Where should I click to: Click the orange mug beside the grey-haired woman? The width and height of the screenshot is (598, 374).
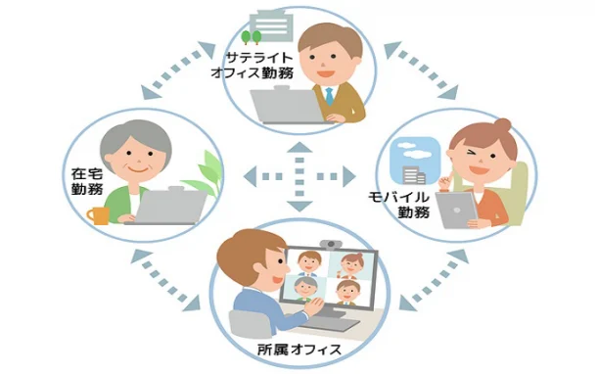point(98,215)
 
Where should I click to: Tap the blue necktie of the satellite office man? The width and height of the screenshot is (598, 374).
point(331,98)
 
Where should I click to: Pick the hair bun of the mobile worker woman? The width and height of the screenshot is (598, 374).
point(501,126)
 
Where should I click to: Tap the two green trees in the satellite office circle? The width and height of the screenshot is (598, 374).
point(252,37)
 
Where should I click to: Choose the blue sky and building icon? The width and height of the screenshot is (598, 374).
point(408,162)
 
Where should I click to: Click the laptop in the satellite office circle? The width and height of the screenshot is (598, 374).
point(287,106)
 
